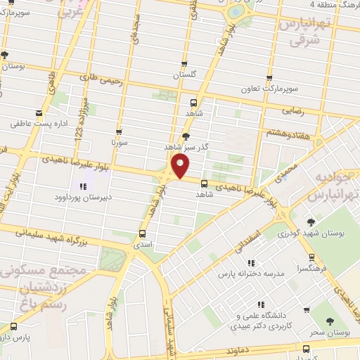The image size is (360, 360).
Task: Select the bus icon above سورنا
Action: pos(118,131)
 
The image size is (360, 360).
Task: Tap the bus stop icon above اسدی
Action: pos(143,233)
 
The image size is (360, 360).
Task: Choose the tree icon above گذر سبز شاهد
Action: pos(186,136)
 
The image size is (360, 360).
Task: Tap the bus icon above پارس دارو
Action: pos(14,327)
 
